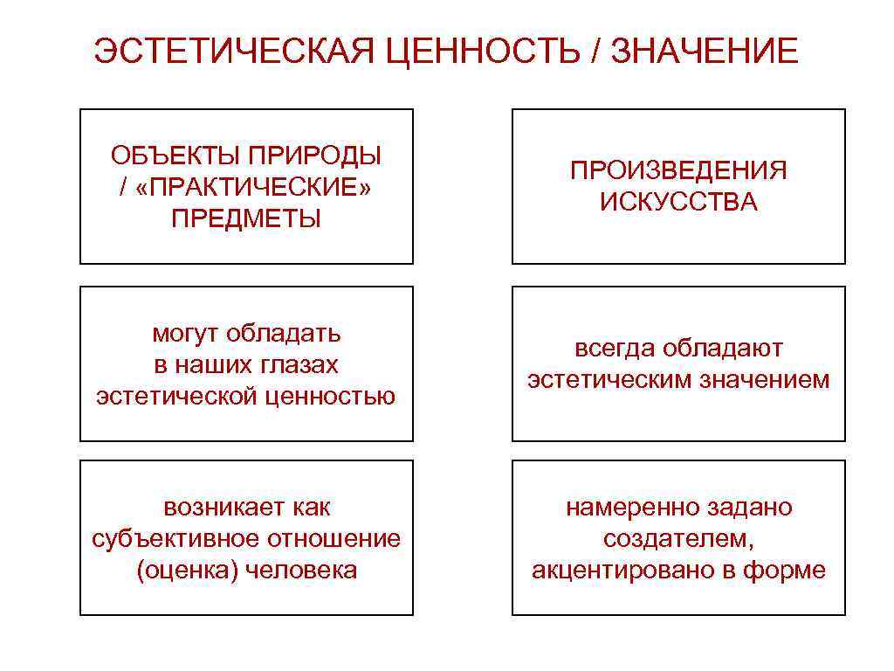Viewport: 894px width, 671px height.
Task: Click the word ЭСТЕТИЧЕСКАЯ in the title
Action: [x=233, y=51]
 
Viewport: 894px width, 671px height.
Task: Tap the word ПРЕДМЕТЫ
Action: [x=246, y=218]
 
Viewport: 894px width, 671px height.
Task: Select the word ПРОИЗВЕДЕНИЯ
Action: [x=678, y=170]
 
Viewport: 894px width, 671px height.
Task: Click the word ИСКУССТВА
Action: [x=678, y=203]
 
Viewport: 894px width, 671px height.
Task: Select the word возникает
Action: [x=222, y=507]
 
